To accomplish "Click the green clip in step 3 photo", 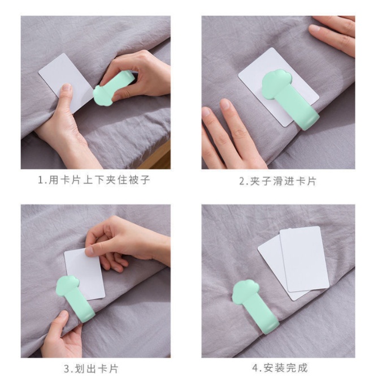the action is (x=75, y=299).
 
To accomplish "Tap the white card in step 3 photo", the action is (x=85, y=274).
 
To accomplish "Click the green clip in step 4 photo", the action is (x=255, y=306).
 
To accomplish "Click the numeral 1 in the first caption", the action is (x=41, y=180).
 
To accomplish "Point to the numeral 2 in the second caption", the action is (x=242, y=181).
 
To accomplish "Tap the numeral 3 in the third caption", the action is (x=67, y=369).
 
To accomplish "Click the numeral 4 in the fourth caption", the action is (x=255, y=368).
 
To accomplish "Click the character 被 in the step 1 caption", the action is (x=133, y=180).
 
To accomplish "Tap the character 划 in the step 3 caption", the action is (x=80, y=369).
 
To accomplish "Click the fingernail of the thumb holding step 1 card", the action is (x=67, y=88).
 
